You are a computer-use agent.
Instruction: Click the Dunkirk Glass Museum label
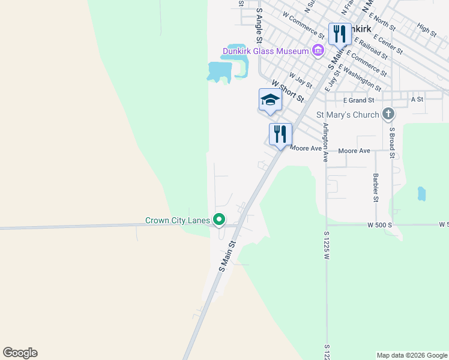click(x=265, y=51)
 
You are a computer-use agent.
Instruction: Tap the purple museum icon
click(x=318, y=51)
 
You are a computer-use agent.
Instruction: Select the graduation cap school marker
click(x=270, y=100)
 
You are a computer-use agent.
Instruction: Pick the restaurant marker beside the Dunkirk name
click(x=340, y=34)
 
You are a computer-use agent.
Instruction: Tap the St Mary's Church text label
click(x=348, y=115)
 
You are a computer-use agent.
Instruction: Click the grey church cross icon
click(x=388, y=114)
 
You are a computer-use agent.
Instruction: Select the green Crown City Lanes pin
click(x=219, y=220)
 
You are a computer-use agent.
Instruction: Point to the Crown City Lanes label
click(x=177, y=221)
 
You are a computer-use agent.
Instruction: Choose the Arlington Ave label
click(x=325, y=142)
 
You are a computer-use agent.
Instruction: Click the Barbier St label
click(x=375, y=188)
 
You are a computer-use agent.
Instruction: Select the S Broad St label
click(x=391, y=142)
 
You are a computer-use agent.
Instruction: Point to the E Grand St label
click(x=358, y=100)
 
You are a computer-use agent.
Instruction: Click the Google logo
click(x=20, y=353)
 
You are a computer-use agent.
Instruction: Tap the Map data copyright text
click(x=412, y=355)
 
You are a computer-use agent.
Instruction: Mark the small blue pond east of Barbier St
click(x=421, y=194)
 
